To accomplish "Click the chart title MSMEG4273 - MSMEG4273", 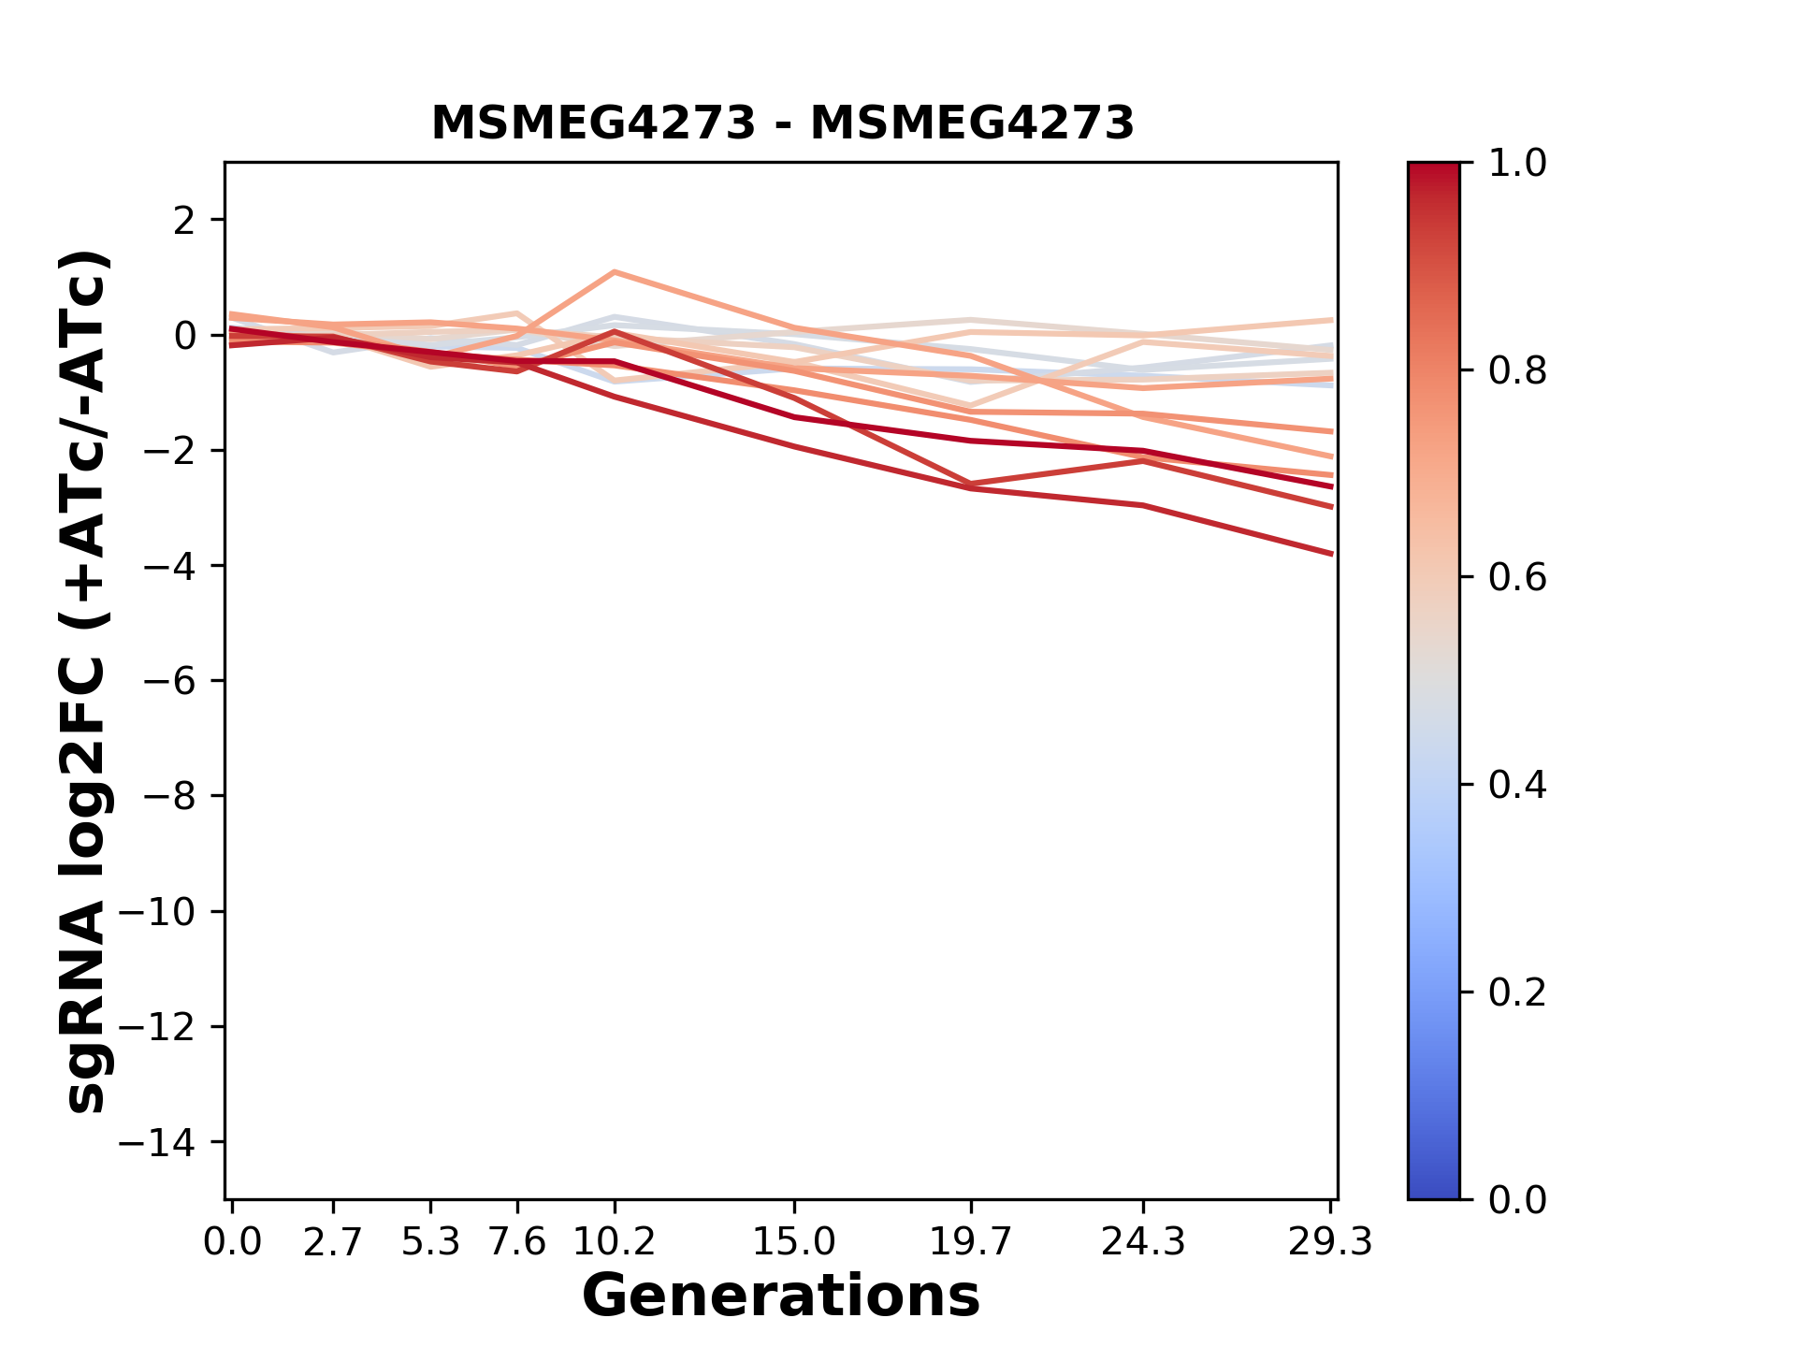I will [782, 123].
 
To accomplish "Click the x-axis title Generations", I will [781, 1296].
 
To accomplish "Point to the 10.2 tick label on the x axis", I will [614, 1242].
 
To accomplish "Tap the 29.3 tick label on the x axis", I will [1330, 1242].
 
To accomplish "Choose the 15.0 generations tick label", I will [793, 1242].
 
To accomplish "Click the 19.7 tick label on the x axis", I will [971, 1242].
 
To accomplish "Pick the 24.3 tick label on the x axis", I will [1142, 1242].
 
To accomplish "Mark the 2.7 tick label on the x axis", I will [333, 1242].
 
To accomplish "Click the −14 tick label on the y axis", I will [168, 1142].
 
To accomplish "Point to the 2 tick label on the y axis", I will [184, 221].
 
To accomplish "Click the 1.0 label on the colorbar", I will [1517, 164].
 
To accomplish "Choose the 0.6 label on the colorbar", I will [1517, 578].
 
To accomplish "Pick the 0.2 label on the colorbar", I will [1517, 992].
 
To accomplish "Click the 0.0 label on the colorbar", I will [1517, 1200].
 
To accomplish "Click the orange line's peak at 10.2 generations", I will [615, 272].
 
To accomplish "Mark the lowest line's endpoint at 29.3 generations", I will [1331, 554].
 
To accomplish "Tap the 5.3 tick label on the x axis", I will [430, 1242].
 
